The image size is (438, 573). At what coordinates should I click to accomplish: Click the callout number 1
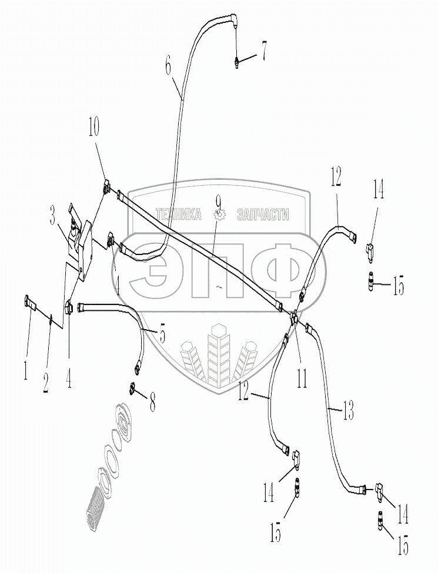pyautogui.click(x=26, y=371)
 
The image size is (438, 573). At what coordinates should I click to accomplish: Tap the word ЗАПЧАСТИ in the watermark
pyautogui.click(x=262, y=215)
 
